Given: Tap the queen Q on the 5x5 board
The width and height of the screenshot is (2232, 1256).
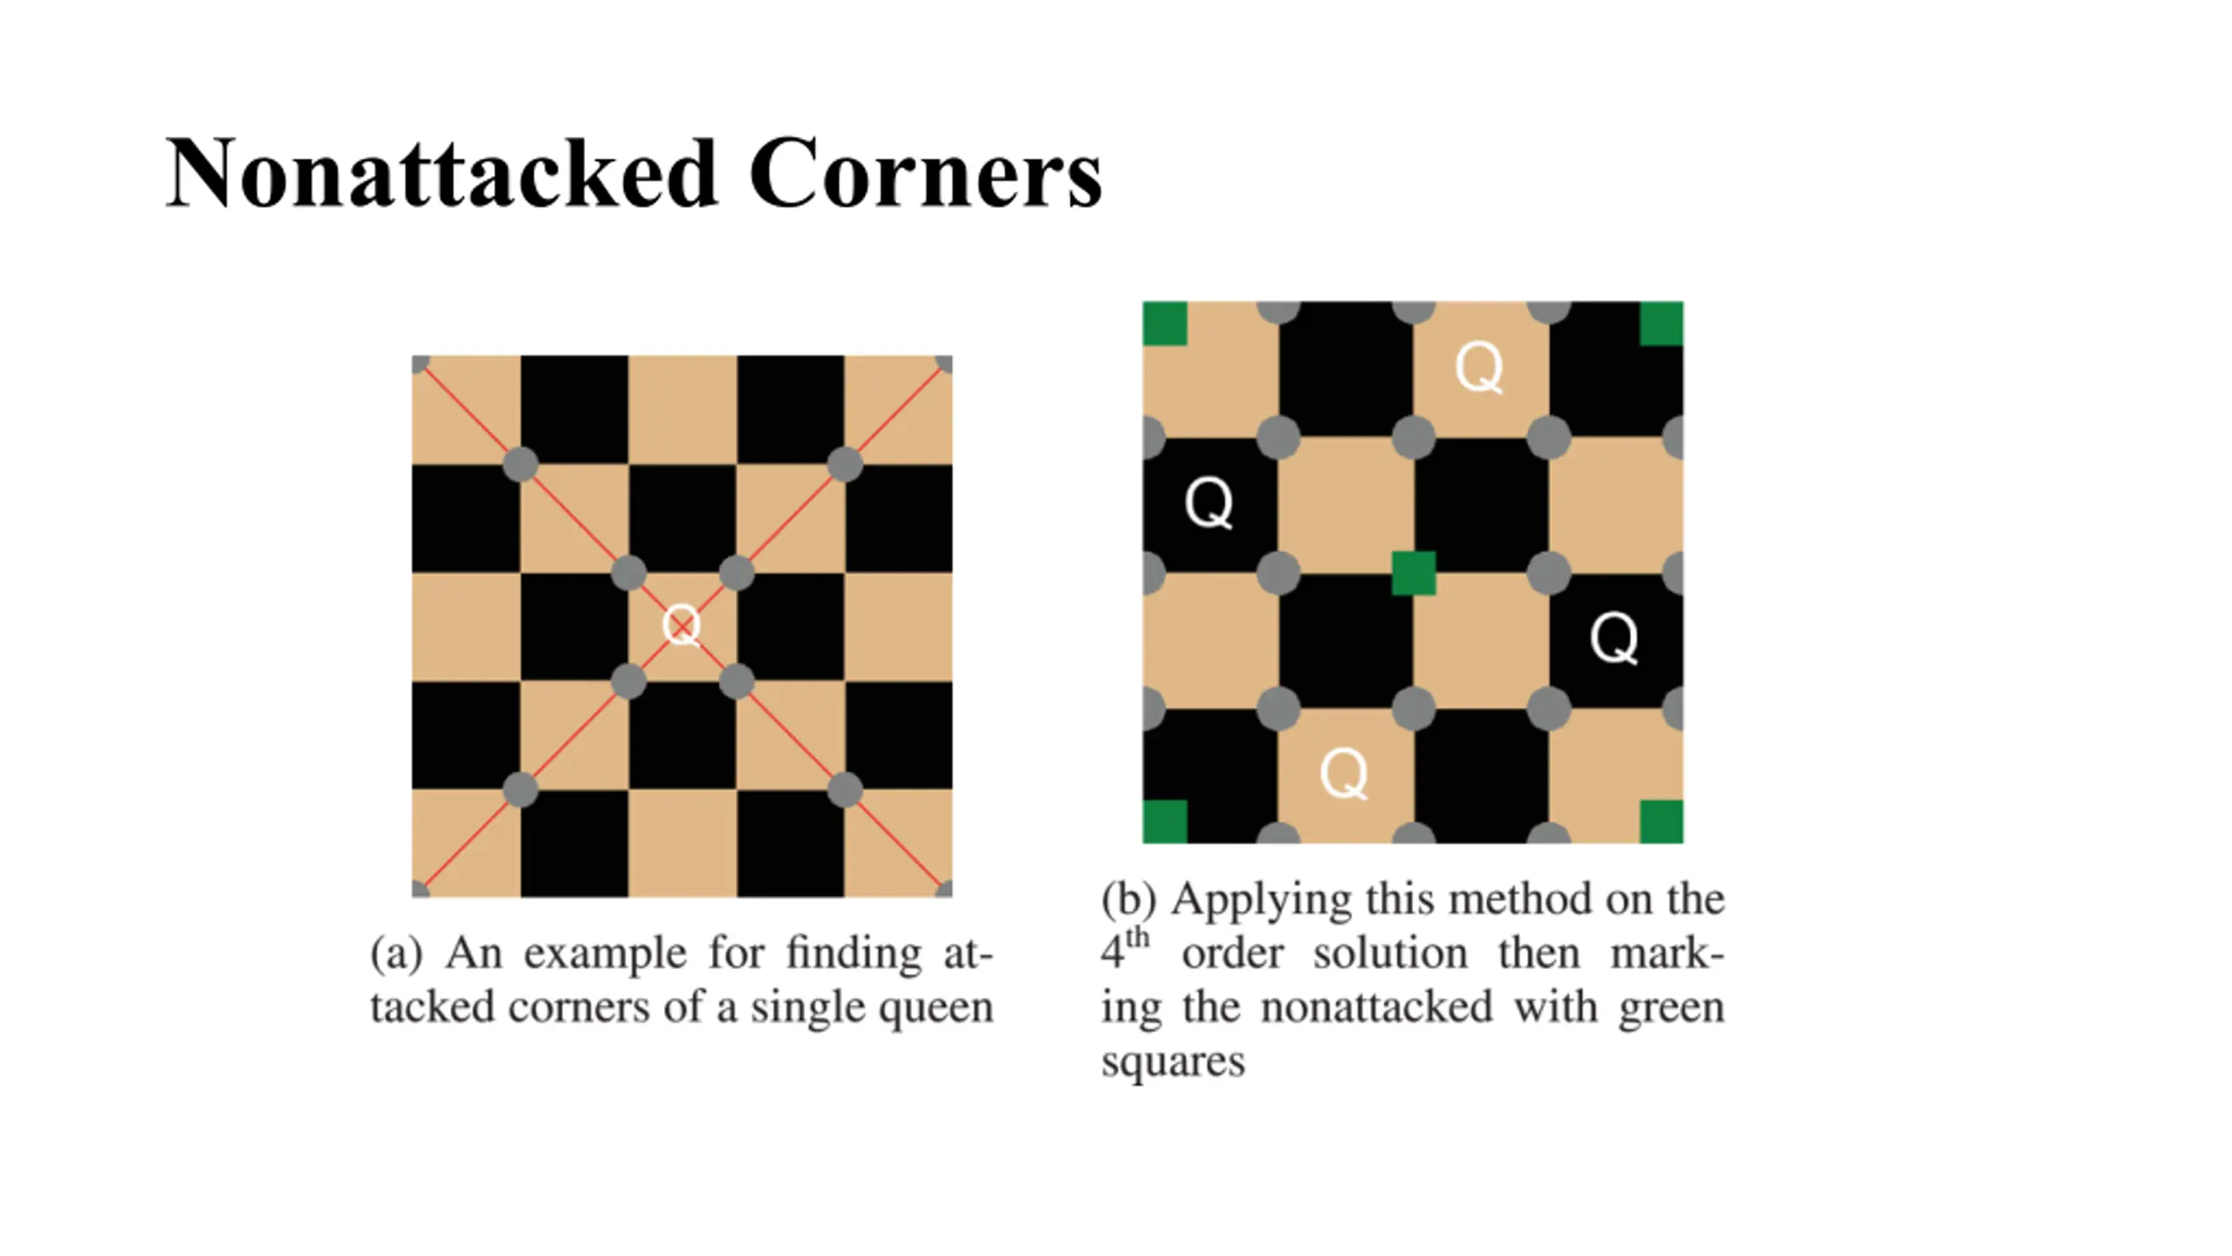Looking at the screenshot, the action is (x=681, y=626).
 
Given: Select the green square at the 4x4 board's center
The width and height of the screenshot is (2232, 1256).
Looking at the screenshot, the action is (x=1413, y=573).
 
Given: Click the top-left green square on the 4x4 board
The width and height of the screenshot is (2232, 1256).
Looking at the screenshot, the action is (x=1165, y=324).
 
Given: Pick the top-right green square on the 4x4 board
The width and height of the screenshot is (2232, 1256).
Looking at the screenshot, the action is (x=1661, y=324).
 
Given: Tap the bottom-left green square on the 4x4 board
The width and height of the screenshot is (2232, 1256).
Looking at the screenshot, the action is (x=1165, y=822).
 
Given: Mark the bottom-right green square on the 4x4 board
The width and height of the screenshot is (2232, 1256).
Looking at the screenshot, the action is (x=1661, y=822).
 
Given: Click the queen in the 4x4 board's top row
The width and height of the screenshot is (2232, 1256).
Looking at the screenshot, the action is (x=1480, y=368).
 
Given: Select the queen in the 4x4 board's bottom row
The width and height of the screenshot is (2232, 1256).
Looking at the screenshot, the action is (x=1344, y=774).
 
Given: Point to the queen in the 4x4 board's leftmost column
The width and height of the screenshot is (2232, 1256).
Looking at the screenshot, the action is (x=1208, y=503).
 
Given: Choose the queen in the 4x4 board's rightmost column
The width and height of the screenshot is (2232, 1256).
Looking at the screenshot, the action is (x=1614, y=638).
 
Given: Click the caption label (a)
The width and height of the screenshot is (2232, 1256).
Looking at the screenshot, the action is (x=397, y=953).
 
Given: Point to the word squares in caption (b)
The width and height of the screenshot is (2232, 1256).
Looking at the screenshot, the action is (x=1173, y=1062).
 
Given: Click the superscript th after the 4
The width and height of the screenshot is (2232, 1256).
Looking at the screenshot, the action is (x=1137, y=939).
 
